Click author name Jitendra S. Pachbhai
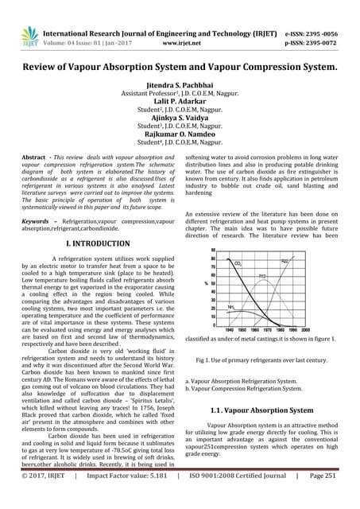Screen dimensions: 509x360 click(x=180, y=84)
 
